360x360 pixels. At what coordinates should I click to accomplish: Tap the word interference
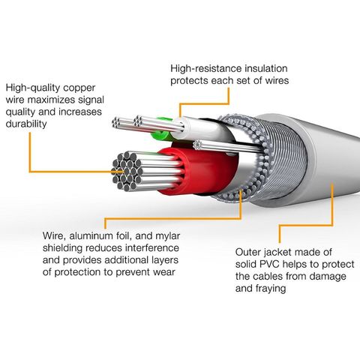click(x=164, y=249)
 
